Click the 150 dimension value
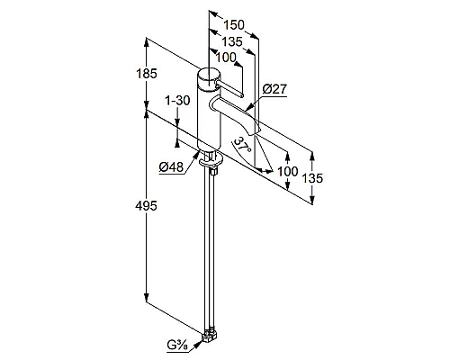click(234, 25)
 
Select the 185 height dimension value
click(146, 74)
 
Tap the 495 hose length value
click(146, 206)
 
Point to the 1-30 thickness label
click(177, 101)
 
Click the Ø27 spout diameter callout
click(274, 89)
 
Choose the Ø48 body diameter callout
click(171, 166)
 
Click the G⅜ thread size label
click(177, 346)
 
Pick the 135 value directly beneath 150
click(232, 41)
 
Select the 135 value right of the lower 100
click(312, 178)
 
